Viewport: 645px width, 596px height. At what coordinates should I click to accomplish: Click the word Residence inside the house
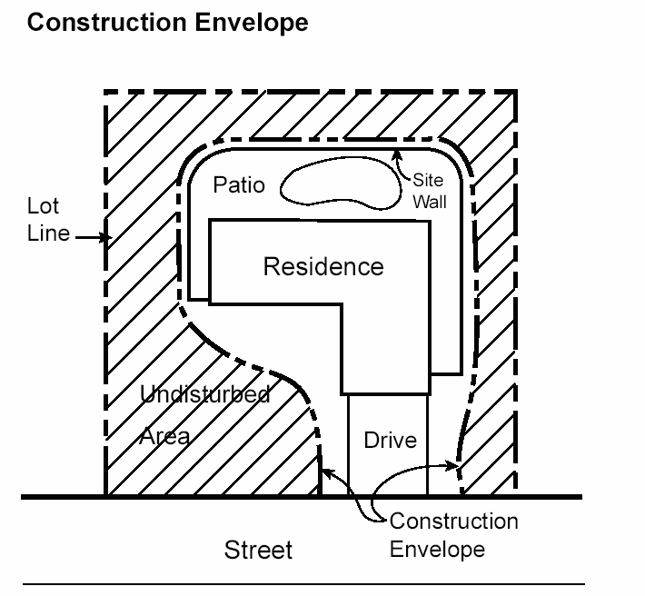pyautogui.click(x=322, y=266)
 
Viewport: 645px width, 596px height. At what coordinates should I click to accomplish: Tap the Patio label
pyautogui.click(x=239, y=185)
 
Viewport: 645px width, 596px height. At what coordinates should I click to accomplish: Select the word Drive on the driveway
pyautogui.click(x=390, y=441)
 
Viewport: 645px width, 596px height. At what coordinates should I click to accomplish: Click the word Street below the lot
pyautogui.click(x=259, y=550)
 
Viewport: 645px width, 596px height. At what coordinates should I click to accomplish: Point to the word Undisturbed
pyautogui.click(x=204, y=394)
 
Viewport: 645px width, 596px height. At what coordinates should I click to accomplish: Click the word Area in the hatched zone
pyautogui.click(x=164, y=436)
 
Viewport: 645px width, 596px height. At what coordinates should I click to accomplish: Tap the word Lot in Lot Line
pyautogui.click(x=43, y=207)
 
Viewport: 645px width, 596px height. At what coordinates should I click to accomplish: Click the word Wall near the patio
pyautogui.click(x=430, y=202)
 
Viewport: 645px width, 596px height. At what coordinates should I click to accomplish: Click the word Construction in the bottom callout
pyautogui.click(x=453, y=521)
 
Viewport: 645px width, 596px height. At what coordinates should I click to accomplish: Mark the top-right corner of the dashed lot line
pyautogui.click(x=516, y=91)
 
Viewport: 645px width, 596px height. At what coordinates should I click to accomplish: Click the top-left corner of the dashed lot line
pyautogui.click(x=105, y=92)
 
